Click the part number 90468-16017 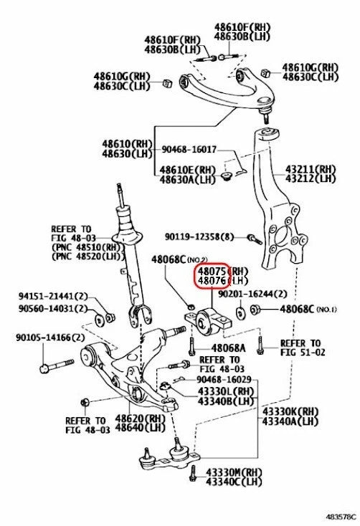[189, 150]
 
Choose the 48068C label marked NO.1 [307, 309]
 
